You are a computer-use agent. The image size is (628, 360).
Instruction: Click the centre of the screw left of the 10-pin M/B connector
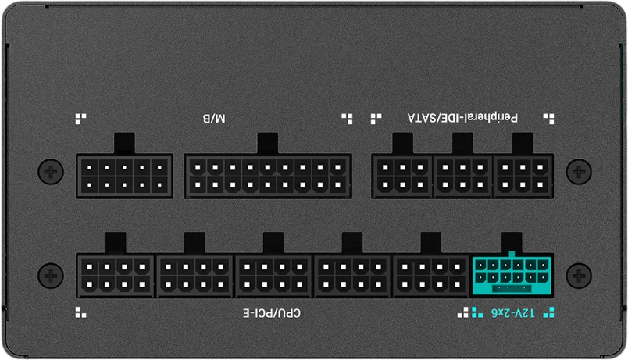tap(51, 172)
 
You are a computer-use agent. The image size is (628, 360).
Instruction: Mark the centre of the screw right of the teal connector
tap(579, 276)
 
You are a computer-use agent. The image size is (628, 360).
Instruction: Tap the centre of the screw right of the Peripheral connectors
tap(579, 172)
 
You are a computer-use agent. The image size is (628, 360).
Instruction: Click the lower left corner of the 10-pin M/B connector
tap(76, 198)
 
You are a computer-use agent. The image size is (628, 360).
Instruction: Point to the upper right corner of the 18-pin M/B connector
tap(351, 154)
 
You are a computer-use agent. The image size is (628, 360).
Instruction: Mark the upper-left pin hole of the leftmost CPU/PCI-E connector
tap(89, 267)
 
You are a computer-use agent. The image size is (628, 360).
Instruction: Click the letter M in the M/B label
tap(220, 119)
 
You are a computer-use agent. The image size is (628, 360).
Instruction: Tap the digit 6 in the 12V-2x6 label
tap(495, 313)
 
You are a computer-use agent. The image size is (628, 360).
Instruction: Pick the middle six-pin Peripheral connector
tap(462, 176)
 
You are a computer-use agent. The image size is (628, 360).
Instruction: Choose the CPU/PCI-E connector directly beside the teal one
tap(431, 276)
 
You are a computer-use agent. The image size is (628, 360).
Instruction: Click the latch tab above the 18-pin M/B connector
tap(268, 144)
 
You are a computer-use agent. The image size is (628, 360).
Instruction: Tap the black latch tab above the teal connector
tap(512, 242)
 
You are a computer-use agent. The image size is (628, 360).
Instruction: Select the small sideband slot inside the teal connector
tap(512, 289)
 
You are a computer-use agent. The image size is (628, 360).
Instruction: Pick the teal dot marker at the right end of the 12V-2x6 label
tap(548, 312)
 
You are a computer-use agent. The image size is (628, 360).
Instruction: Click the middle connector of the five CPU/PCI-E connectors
tap(273, 276)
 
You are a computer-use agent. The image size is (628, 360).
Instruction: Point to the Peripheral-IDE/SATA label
tap(462, 118)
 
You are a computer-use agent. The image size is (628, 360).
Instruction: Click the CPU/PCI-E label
tap(272, 313)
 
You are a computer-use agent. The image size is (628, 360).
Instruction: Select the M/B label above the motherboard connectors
tap(214, 119)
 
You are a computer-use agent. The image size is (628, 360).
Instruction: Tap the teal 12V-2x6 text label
tap(513, 313)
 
